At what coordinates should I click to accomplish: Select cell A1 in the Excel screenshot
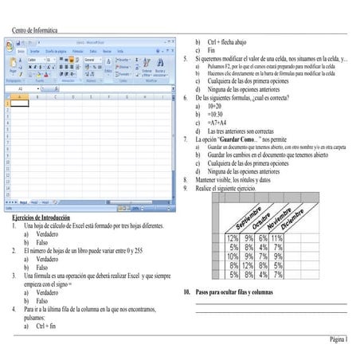pos(20,103)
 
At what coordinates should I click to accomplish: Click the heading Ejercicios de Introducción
pos(41,217)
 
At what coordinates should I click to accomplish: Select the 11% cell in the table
pos(276,238)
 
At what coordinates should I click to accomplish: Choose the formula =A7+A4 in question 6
pos(215,123)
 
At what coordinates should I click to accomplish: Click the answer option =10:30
pos(214,114)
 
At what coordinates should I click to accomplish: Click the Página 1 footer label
pos(338,338)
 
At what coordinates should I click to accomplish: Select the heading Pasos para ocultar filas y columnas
pos(239,293)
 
